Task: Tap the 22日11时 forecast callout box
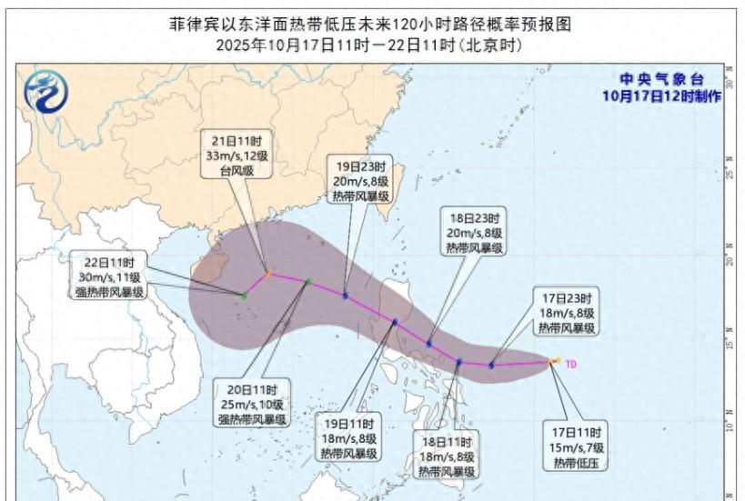click(111, 276)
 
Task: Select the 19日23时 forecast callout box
click(360, 181)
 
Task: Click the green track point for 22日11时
click(244, 295)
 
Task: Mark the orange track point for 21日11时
click(267, 272)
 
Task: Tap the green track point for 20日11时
click(307, 282)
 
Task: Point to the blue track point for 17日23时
click(491, 366)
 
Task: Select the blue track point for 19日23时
click(345, 295)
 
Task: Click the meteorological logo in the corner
click(45, 91)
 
